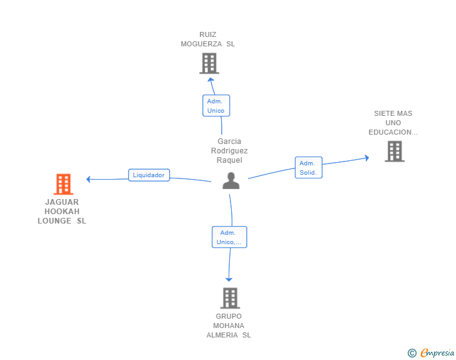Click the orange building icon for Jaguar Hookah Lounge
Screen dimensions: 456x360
[63, 184]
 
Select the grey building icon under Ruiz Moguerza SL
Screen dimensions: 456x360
[209, 63]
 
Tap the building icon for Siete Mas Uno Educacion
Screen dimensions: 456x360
[395, 152]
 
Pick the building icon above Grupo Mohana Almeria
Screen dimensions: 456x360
[230, 298]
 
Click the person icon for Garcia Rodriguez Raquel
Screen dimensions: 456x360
[231, 180]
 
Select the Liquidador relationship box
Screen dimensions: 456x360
[149, 175]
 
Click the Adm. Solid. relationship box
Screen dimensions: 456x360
[309, 168]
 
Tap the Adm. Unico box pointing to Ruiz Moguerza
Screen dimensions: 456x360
[216, 106]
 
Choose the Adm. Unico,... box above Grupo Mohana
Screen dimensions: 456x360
[229, 237]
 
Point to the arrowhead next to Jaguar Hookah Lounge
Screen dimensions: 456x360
[88, 179]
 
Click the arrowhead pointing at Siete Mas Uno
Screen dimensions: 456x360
[367, 158]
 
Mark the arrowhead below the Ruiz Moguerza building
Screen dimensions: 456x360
[211, 80]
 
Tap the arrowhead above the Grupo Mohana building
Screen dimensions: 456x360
[229, 280]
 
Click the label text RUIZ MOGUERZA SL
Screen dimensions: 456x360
[208, 39]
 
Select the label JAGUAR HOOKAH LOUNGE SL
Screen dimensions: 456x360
[62, 212]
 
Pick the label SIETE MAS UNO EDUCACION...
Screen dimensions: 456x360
[393, 123]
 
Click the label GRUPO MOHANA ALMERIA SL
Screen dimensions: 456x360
[229, 326]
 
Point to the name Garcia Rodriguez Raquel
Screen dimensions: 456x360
[229, 151]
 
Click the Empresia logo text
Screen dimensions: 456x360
[437, 352]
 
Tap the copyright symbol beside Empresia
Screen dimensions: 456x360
[412, 353]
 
